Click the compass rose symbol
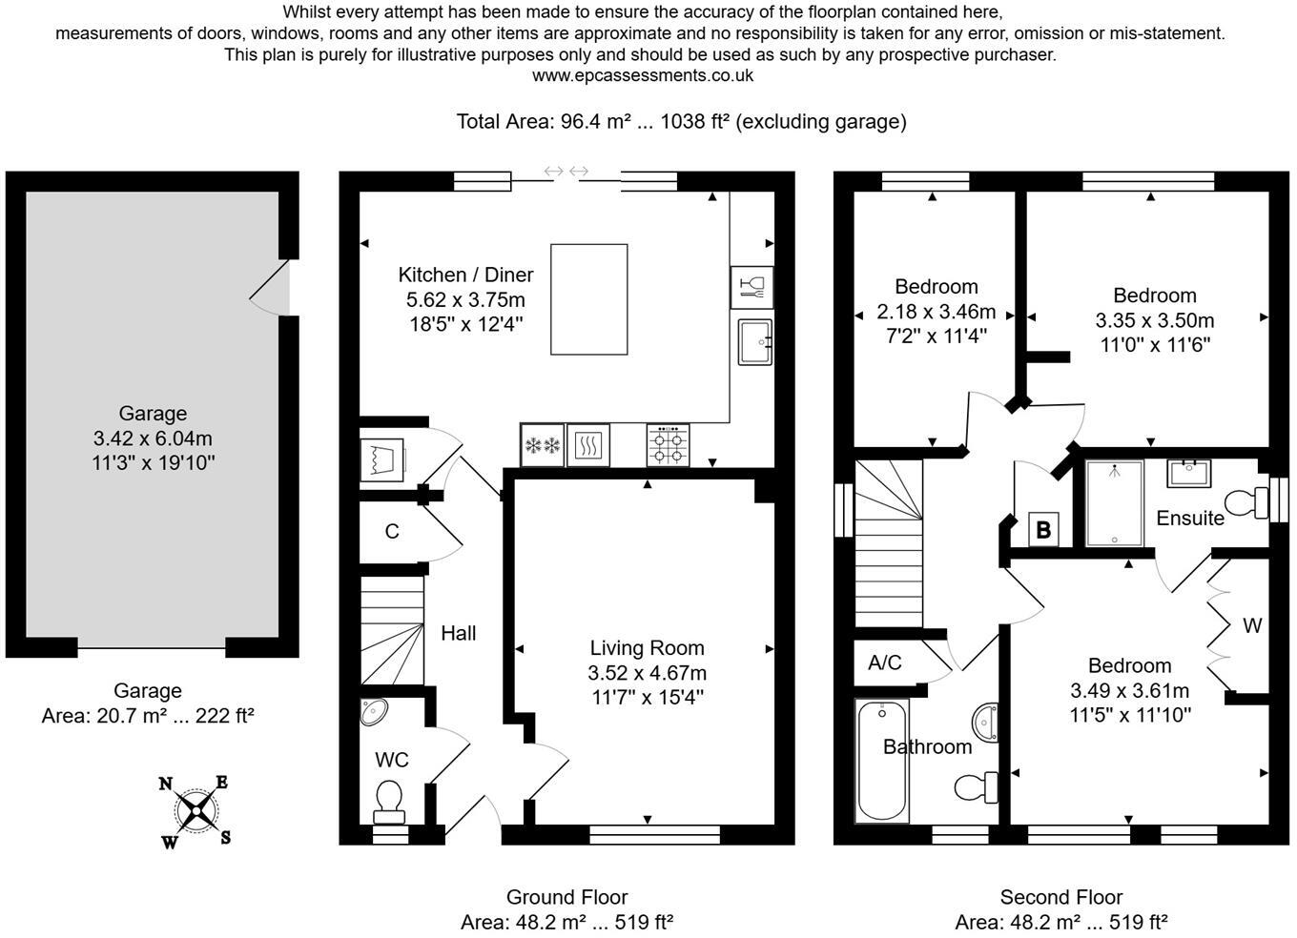[x=196, y=812]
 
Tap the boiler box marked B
[x=1042, y=529]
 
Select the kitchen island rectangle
[x=588, y=299]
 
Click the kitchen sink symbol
[x=755, y=341]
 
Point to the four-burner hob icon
[x=668, y=445]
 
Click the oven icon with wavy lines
[x=588, y=445]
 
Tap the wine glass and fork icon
[x=751, y=286]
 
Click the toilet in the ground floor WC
[x=388, y=801]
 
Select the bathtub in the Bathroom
[x=882, y=761]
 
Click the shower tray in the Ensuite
[x=1114, y=503]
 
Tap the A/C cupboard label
[x=884, y=663]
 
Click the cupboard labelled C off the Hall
[x=391, y=531]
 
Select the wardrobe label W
[x=1251, y=626]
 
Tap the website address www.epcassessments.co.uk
[x=642, y=75]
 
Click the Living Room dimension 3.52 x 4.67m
[x=647, y=673]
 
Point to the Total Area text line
[x=681, y=121]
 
